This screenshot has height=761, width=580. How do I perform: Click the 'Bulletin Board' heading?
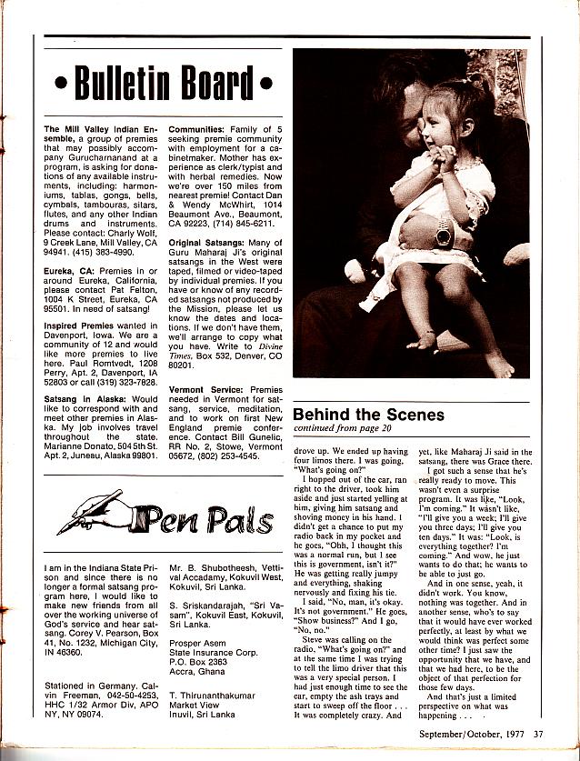tap(163, 85)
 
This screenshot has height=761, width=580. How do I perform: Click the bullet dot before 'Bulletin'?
tap(61, 87)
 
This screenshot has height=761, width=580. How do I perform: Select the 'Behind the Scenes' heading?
tap(369, 415)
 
